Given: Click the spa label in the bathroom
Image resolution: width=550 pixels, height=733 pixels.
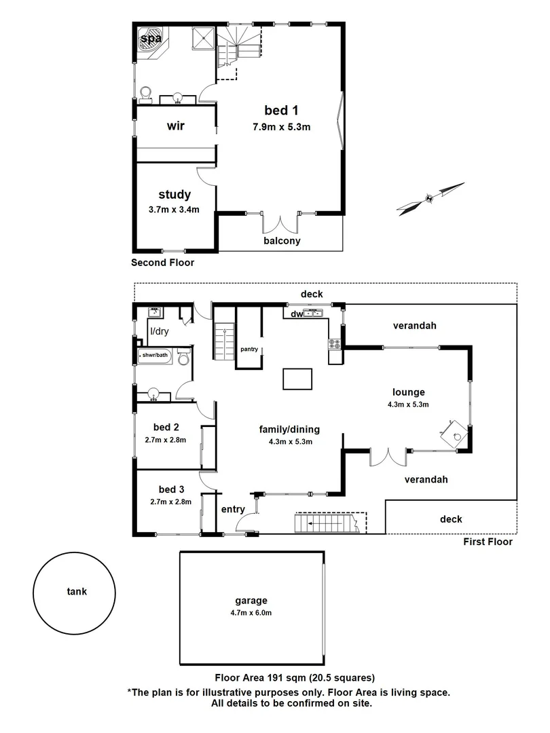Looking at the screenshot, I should coord(151,39).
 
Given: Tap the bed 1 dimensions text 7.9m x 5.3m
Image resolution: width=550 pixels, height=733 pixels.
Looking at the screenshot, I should coord(281,126).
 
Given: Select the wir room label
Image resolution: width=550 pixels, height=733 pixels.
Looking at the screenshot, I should coord(176,126).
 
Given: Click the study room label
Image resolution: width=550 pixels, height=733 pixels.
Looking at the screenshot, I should coord(174,195).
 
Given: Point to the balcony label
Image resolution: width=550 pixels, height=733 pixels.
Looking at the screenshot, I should coord(282,240).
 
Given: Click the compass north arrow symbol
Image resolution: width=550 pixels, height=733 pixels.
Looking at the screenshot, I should coord(430,198).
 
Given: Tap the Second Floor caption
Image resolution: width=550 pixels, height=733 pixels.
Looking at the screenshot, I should coord(162,263).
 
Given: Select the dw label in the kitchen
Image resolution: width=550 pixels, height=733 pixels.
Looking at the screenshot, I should coord(296,314).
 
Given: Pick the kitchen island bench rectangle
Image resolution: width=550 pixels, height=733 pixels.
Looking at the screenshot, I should coord(298,378).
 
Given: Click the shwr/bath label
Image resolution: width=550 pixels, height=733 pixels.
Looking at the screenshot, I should coord(154,355).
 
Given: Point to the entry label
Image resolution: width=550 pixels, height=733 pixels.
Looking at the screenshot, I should coord(233,509).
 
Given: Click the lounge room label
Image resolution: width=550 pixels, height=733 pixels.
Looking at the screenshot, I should coord(408,392).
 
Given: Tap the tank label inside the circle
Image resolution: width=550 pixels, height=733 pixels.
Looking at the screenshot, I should coord(76,591).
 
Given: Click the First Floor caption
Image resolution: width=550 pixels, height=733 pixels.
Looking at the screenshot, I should coord(488,542).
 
